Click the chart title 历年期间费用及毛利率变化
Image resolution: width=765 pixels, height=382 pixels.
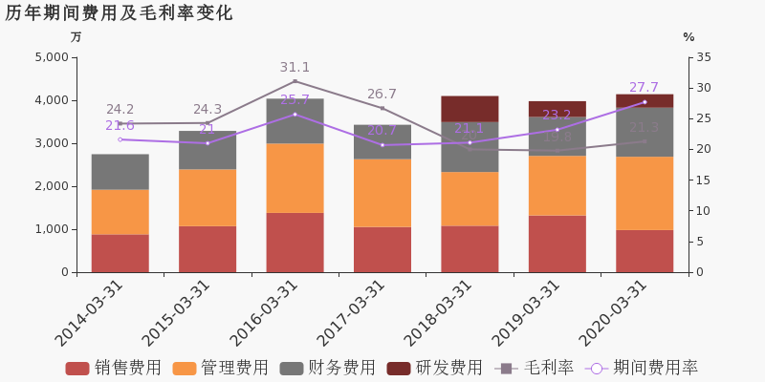[119, 13]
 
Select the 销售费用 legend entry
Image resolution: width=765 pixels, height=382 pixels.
[113, 369]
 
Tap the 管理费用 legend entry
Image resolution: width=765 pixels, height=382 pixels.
[220, 369]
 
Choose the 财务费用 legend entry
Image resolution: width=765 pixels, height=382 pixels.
[327, 369]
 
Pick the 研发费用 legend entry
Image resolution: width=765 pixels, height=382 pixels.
[434, 369]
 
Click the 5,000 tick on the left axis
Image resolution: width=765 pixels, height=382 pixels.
[51, 57]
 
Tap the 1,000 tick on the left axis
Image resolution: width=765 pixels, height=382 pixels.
[51, 229]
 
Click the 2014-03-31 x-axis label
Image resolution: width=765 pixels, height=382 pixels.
[88, 313]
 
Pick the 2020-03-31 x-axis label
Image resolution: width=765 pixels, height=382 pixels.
[612, 313]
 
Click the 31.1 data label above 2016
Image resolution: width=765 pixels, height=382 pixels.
[295, 68]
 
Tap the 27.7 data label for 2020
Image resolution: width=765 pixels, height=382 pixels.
[644, 88]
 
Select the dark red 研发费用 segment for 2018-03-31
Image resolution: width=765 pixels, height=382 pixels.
[470, 108]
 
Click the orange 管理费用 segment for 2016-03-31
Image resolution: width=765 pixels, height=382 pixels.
[295, 178]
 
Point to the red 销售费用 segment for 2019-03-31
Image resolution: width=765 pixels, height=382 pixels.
[557, 244]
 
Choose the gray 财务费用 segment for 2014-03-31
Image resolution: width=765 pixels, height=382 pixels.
[120, 172]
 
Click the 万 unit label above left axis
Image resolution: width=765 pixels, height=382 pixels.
[76, 37]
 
